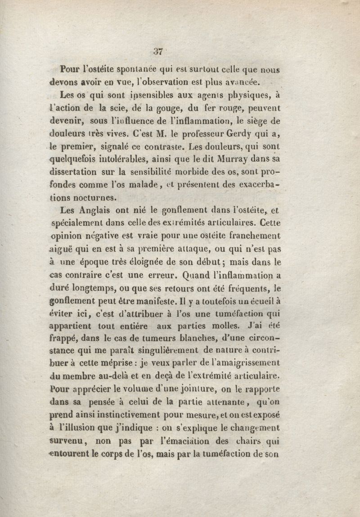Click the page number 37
tap(158, 51)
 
